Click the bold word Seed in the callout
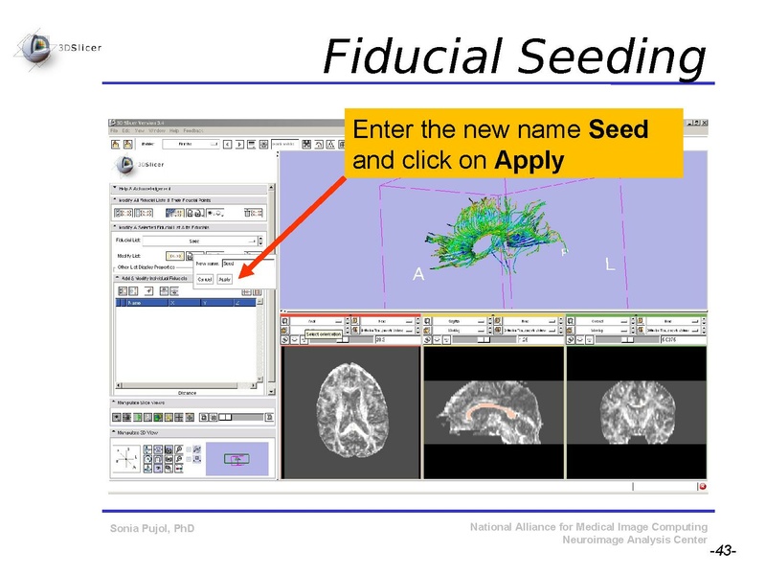coord(619,129)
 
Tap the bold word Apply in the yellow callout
coord(529,160)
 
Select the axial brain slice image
coord(350,412)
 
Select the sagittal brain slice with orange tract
coord(493,412)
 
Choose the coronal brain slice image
coord(636,412)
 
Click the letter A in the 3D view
coord(417,275)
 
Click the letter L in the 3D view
coord(610,263)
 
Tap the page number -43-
coord(722,552)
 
